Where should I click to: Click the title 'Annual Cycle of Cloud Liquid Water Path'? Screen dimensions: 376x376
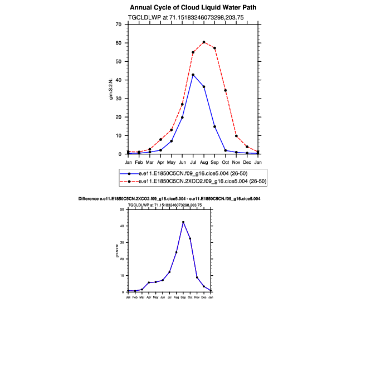click(x=193, y=8)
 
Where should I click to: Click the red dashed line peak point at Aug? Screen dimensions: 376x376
click(x=204, y=42)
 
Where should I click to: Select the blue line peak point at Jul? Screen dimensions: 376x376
click(x=193, y=75)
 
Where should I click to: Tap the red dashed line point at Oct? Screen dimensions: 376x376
click(x=226, y=90)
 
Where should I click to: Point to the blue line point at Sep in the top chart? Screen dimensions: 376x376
click(x=215, y=126)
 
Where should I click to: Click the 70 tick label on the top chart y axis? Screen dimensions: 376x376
click(x=118, y=25)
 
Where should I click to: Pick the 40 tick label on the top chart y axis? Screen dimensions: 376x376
click(x=118, y=80)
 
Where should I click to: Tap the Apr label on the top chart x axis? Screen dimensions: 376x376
click(x=160, y=162)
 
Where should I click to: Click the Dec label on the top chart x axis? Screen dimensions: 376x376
click(x=247, y=162)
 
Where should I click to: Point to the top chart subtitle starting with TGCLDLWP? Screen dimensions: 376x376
click(x=193, y=18)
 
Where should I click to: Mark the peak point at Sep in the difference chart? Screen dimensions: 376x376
click(x=183, y=222)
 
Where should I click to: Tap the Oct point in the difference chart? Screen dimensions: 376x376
click(x=190, y=238)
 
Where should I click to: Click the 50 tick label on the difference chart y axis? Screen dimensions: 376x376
click(x=122, y=209)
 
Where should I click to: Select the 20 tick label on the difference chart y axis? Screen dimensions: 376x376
click(x=122, y=259)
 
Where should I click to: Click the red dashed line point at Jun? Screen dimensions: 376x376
click(x=182, y=104)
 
